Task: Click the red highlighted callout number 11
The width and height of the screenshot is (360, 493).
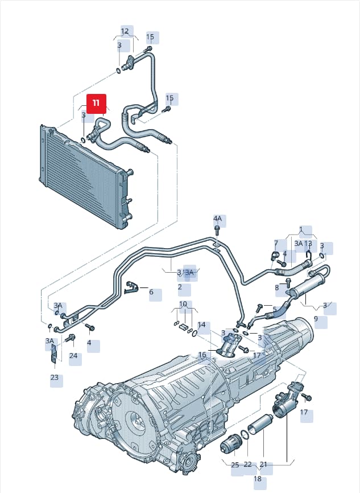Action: [96, 103]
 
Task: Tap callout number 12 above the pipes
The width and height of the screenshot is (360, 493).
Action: [125, 31]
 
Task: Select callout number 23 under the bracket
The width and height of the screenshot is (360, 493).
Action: [55, 377]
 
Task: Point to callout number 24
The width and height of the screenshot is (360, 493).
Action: [73, 356]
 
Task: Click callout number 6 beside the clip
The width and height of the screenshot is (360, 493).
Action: [151, 292]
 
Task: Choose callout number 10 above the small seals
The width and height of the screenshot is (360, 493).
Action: [183, 304]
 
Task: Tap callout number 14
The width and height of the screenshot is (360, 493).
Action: [201, 324]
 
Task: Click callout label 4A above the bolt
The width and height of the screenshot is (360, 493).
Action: [217, 219]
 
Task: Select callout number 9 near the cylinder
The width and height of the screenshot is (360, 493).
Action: [316, 318]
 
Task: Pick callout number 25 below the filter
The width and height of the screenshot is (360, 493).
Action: [235, 465]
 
